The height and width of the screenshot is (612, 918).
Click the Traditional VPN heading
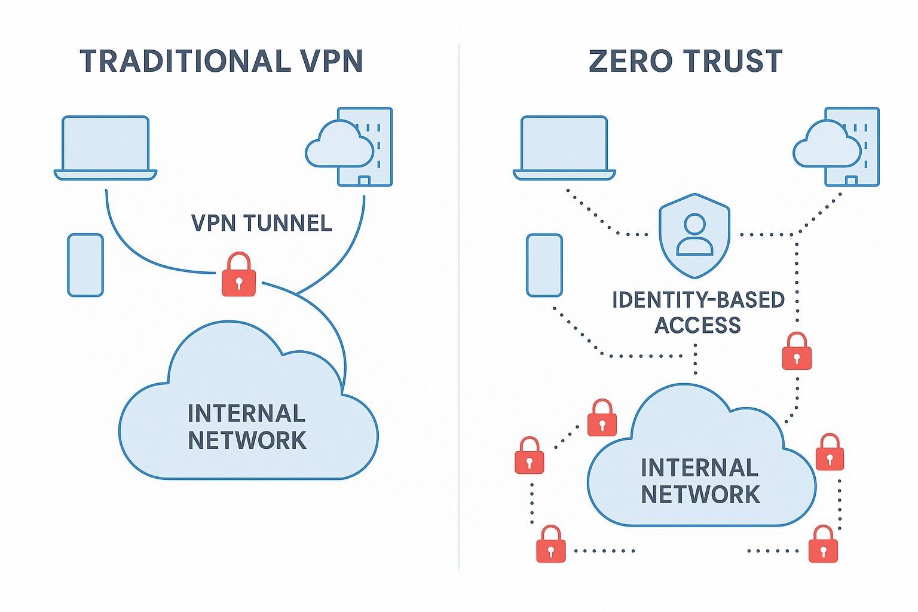[x=221, y=61]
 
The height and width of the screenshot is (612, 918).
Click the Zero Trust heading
[x=686, y=61]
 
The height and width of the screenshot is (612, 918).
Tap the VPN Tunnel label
[x=261, y=223]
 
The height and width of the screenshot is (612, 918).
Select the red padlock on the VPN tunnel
[x=238, y=276]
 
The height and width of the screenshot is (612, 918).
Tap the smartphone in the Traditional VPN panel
[x=85, y=265]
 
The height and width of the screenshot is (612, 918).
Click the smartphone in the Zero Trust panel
[x=544, y=265]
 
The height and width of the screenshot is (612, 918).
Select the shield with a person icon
[x=694, y=235]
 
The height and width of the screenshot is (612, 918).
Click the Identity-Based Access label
[x=697, y=312]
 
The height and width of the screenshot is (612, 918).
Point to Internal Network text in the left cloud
[x=246, y=427]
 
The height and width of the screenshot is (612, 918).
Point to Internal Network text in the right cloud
[x=700, y=481]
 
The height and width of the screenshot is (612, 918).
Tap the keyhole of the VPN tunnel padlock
[x=238, y=283]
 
